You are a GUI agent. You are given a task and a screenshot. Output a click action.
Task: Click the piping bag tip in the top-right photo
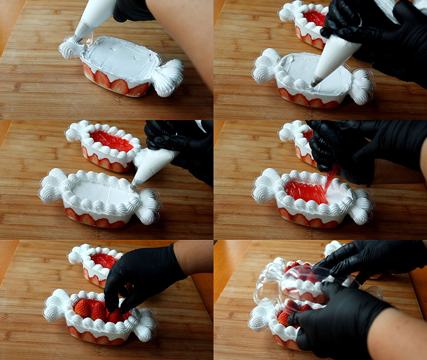(316, 82)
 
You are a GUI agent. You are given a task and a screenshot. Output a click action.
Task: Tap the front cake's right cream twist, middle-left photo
(147, 205)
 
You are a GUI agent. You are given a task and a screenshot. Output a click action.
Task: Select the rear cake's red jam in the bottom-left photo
(104, 260)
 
